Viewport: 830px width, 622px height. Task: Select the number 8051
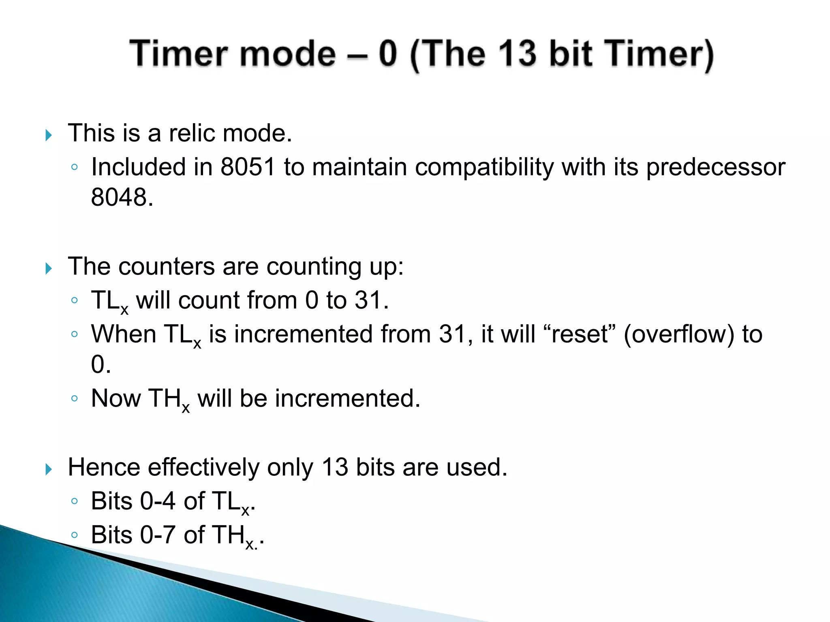pyautogui.click(x=248, y=167)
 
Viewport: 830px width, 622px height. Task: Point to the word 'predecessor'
pyautogui.click(x=715, y=167)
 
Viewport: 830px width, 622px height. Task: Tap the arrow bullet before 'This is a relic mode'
pyautogui.click(x=49, y=135)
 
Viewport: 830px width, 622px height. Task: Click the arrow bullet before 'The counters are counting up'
pyautogui.click(x=49, y=268)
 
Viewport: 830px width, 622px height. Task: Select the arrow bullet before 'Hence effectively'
pyautogui.click(x=49, y=469)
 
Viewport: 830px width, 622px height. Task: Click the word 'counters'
pyautogui.click(x=166, y=267)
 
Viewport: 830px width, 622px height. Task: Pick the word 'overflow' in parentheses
pyautogui.click(x=679, y=334)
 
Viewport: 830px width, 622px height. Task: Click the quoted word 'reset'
pyautogui.click(x=580, y=334)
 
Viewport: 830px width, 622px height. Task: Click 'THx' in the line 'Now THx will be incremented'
pyautogui.click(x=168, y=399)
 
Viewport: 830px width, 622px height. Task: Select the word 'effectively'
pyautogui.click(x=203, y=467)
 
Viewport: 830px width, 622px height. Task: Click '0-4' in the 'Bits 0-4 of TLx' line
pyautogui.click(x=158, y=501)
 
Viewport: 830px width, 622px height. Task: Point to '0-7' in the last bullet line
pyautogui.click(x=158, y=535)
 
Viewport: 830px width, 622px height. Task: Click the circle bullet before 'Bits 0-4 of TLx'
pyautogui.click(x=74, y=501)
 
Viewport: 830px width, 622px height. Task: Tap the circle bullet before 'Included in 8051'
pyautogui.click(x=74, y=167)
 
